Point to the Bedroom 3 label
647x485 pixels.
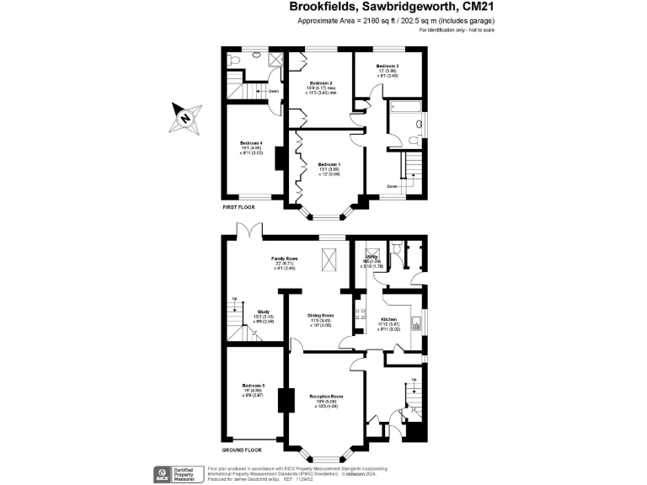coord(388,66)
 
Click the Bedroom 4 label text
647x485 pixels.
coord(252,143)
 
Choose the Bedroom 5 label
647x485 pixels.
coord(253,386)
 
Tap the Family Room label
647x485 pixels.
coord(284,258)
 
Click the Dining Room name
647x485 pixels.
coord(319,315)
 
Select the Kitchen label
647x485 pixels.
coord(388,320)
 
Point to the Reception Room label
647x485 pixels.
coord(325,396)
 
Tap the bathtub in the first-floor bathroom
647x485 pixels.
coord(405,109)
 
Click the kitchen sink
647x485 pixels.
coord(418,321)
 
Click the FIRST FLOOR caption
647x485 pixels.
coord(239,206)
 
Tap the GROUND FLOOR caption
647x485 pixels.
coord(243,450)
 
